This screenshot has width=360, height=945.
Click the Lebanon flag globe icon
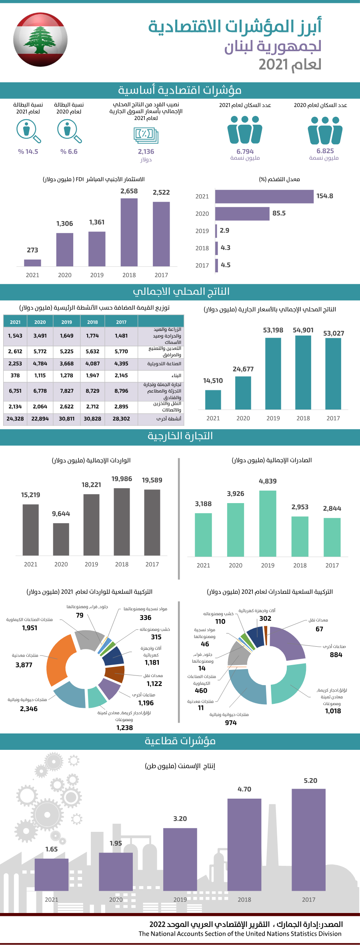coord(40,39)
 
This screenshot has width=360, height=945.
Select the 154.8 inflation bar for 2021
coord(264,196)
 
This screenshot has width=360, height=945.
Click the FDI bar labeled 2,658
coord(129,232)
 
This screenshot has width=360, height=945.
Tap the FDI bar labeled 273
coord(32,263)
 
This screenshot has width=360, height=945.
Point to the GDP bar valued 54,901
coord(303,372)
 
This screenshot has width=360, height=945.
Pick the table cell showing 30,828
coord(92,419)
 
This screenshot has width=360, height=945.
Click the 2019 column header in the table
coord(67,322)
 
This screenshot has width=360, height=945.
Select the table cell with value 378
coord(15,376)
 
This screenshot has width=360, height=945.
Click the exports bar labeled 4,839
coord(268,523)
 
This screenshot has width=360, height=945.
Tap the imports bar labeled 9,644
coord(61,539)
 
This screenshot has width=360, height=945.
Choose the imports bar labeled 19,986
coord(122,522)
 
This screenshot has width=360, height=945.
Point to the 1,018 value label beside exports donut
coord(333,711)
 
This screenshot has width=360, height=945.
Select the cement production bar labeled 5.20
coord(308,840)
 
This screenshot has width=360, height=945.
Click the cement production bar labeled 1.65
coord(52,875)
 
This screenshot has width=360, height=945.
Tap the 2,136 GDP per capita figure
coord(146,152)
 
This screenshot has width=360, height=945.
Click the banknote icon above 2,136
coord(146,135)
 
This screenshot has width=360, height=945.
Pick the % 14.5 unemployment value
coord(28,152)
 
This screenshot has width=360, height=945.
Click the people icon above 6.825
coord(325,130)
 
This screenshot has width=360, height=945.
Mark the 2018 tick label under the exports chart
coord(300,565)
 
